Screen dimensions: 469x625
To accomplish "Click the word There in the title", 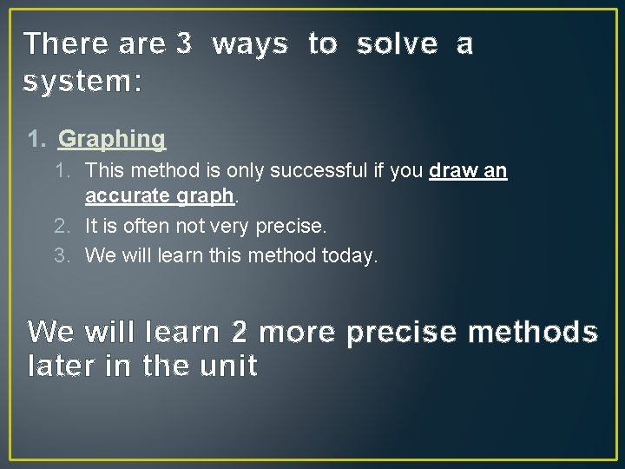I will [x=66, y=43].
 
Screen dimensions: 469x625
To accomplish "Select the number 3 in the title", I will [x=183, y=43].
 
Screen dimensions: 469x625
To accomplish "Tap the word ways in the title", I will [x=249, y=43].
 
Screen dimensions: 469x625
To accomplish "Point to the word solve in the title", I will [x=398, y=43].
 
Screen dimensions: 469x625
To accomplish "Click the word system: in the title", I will [x=82, y=82].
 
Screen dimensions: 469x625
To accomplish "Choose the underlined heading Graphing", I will [x=111, y=139].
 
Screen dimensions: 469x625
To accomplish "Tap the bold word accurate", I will [x=128, y=196].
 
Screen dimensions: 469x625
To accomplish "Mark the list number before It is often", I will [x=61, y=227].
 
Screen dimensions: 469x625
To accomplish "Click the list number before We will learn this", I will [x=61, y=256].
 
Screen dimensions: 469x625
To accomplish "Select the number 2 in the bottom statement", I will [x=240, y=332].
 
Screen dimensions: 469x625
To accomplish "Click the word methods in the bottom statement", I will [x=543, y=332].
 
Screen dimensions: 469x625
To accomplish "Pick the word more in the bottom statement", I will [x=297, y=332].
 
